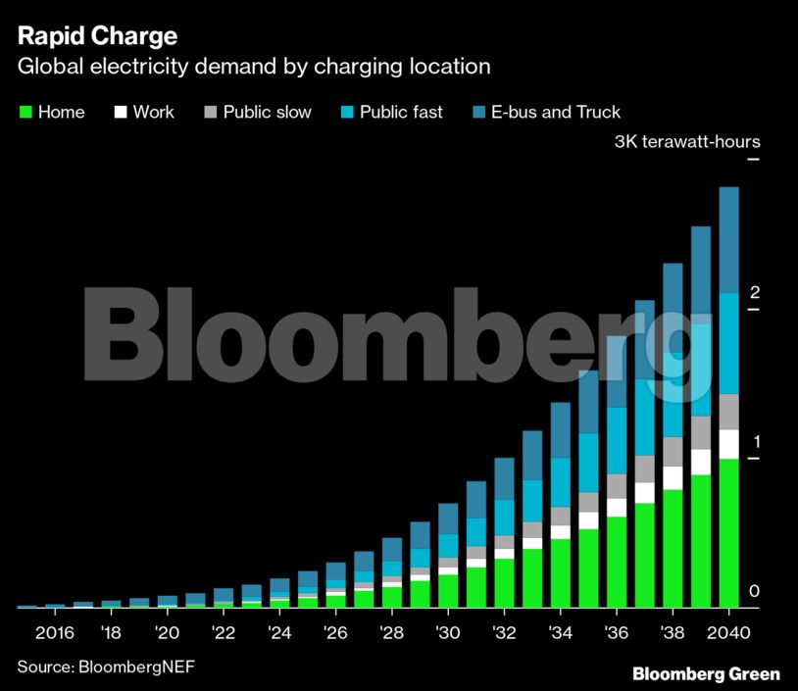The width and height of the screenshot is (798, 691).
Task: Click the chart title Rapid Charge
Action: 97,37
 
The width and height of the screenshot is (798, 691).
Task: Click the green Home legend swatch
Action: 25,113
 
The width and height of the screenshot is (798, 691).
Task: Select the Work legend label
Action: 153,113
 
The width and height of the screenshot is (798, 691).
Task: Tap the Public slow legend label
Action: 267,113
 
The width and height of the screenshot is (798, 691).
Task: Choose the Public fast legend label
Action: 401,113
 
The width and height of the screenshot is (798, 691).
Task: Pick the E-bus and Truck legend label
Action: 555,113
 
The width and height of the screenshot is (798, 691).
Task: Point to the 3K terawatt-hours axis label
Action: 686,141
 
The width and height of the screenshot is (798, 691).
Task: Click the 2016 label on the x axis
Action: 54,630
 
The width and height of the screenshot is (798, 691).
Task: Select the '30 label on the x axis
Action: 447,630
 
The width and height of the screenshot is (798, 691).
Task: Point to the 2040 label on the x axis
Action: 728,630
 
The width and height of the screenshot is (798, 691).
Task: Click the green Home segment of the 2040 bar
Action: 728,534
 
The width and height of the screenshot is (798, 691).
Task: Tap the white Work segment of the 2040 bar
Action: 728,444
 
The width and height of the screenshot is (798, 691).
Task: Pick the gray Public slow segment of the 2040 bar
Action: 728,412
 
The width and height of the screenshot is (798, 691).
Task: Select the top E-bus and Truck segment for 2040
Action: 728,240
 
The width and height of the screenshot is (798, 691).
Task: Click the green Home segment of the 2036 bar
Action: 617,563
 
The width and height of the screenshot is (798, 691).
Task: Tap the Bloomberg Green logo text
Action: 706,673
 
